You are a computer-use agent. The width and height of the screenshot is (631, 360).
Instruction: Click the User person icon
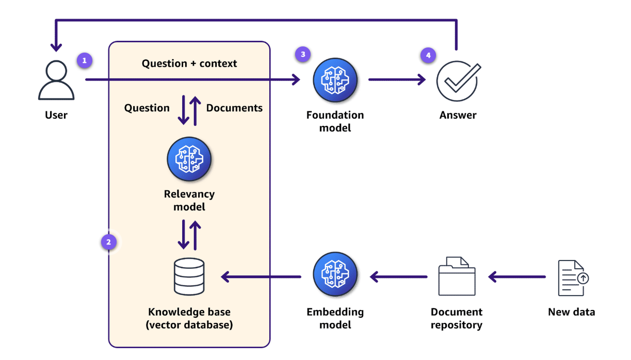[x=56, y=81]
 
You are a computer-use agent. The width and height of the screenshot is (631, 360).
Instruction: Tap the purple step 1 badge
[x=85, y=60]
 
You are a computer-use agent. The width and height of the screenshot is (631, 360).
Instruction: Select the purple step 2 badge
[x=109, y=241]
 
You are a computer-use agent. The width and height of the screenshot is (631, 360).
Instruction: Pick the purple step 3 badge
[x=303, y=54]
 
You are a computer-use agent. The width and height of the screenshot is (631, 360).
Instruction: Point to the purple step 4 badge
[x=428, y=55]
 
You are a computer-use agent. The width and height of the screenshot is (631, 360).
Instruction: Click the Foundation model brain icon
[x=335, y=80]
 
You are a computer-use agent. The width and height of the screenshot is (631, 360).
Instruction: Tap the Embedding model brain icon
[x=335, y=277]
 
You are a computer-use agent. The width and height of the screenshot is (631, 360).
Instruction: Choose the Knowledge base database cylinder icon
[x=189, y=277]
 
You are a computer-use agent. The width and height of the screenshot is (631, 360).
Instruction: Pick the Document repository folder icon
[x=457, y=277]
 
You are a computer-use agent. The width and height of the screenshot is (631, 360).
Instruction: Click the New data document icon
[x=572, y=277]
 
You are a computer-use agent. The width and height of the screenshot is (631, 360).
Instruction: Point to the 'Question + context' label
[x=189, y=63]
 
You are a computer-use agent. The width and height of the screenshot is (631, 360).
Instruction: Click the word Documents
[x=234, y=108]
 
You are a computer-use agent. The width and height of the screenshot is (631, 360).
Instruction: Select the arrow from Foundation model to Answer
[x=397, y=80]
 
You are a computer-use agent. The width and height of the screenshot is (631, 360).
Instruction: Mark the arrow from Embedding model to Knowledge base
[x=261, y=277]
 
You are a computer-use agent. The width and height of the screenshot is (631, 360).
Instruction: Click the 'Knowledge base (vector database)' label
[x=189, y=318]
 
